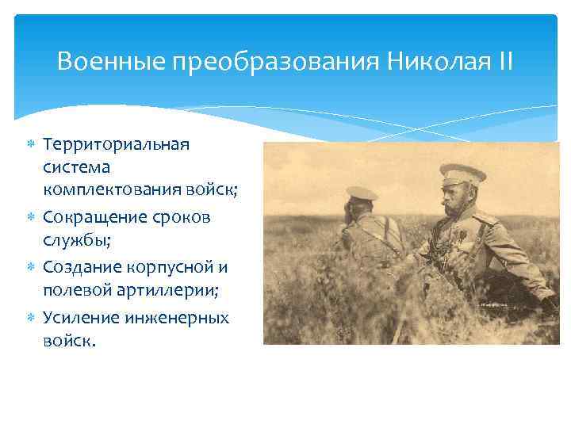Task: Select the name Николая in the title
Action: [437, 61]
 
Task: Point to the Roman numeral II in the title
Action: [505, 61]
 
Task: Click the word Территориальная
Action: [117, 145]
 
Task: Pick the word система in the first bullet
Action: [76, 167]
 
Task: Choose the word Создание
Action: [80, 266]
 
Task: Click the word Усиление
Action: [80, 317]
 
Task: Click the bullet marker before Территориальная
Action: [29, 145]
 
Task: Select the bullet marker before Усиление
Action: [29, 317]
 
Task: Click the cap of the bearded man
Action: [462, 174]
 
